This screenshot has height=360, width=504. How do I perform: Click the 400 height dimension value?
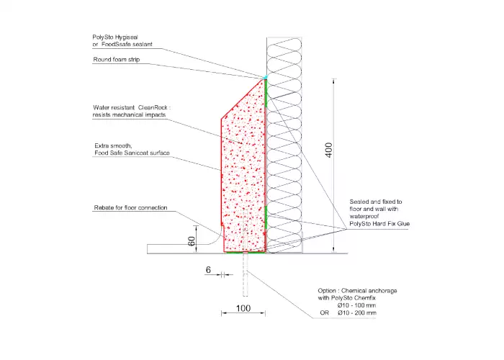point(328,150)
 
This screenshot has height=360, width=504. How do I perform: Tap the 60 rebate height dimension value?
point(192,241)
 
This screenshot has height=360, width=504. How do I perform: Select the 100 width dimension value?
point(243,308)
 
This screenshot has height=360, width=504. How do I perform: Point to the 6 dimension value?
point(208,270)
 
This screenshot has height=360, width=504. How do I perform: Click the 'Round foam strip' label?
point(117,60)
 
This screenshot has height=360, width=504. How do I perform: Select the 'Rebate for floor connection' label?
point(130,207)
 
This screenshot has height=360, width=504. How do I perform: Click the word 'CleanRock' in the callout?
point(153,107)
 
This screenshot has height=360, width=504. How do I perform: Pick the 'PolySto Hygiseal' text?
point(115,37)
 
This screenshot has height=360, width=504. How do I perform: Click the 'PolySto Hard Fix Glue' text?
point(379,224)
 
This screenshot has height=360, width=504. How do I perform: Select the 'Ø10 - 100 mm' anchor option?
point(357,305)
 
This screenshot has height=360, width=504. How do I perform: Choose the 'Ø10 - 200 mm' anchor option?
point(357,312)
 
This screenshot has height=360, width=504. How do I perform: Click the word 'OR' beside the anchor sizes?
point(324,312)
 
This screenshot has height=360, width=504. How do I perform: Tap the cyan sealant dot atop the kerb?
point(266,78)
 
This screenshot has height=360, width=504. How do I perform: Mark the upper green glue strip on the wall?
point(266,93)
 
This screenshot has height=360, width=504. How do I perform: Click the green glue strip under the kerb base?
point(246,253)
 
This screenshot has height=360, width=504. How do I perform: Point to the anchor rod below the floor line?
point(246,275)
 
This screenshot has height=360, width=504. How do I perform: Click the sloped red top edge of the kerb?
point(243,99)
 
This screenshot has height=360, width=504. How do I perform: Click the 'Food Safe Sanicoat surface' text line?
point(132,153)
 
